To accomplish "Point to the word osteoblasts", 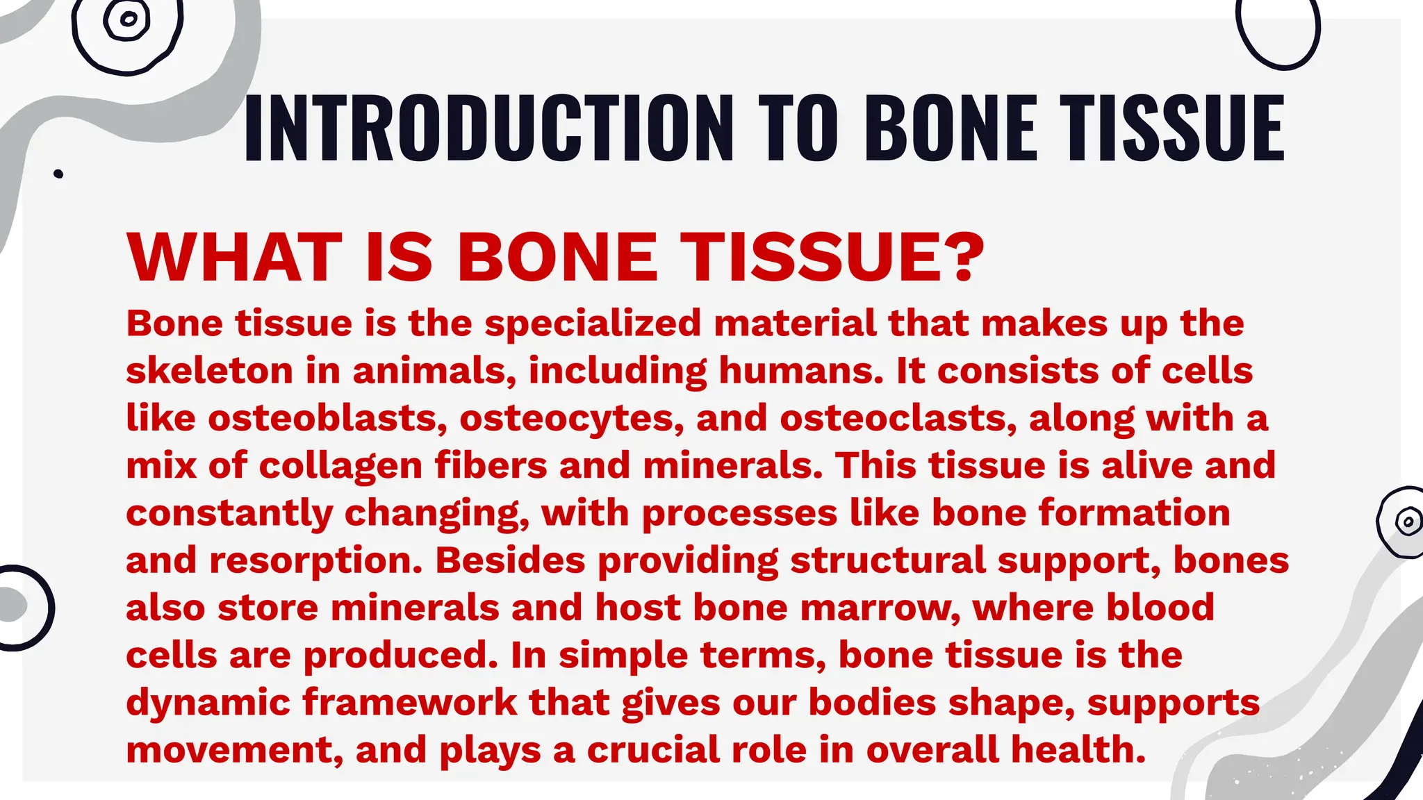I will pos(327,419).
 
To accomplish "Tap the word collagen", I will pos(340,466).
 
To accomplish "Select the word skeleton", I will pos(209,371).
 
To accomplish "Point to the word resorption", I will pos(315,561).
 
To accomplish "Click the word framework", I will pos(409,703).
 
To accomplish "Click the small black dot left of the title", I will pos(58,174).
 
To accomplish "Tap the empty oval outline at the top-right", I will pos(1278,31).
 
